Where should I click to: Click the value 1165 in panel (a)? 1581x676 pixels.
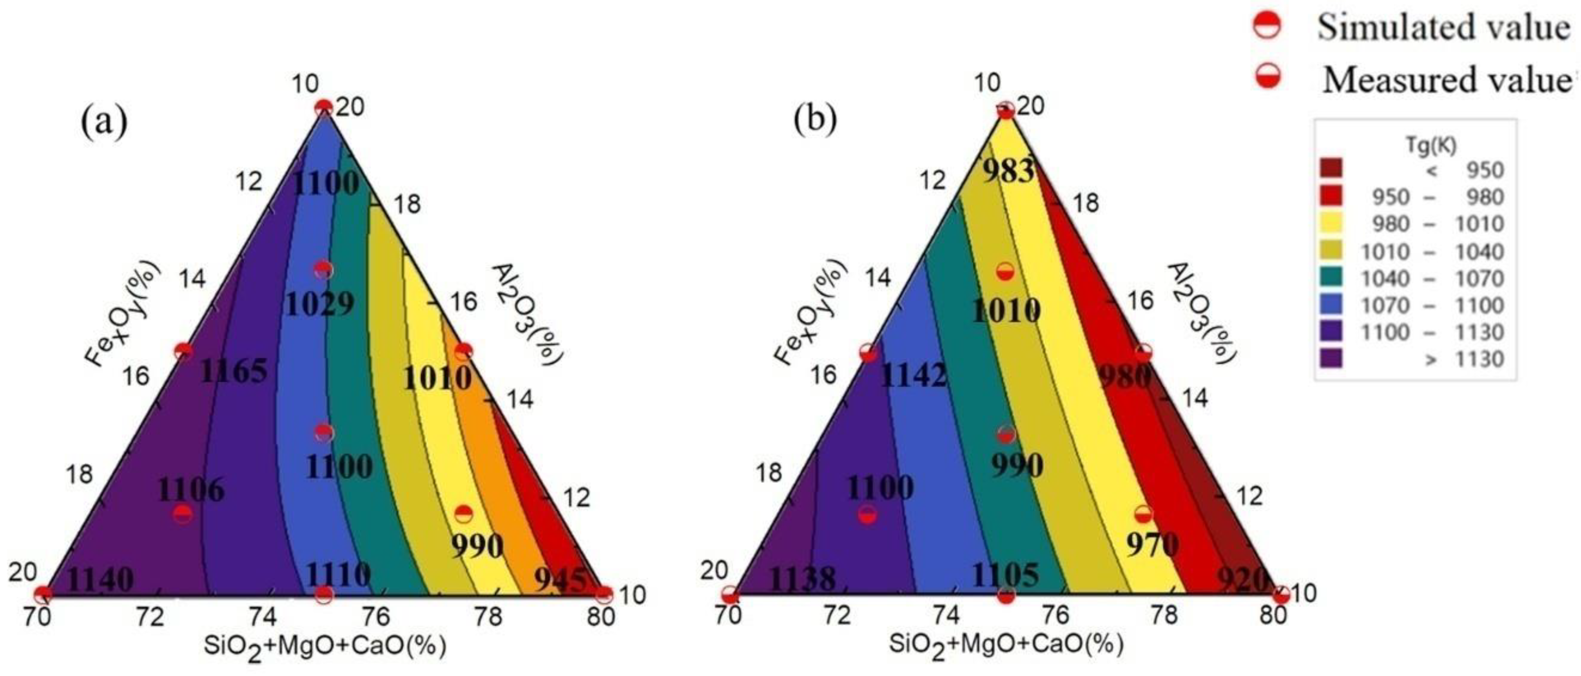234,371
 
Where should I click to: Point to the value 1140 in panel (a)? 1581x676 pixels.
100,580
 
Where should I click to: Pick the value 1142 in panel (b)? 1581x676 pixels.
913,375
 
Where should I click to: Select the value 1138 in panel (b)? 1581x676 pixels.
802,579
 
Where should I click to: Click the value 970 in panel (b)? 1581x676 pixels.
1152,544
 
